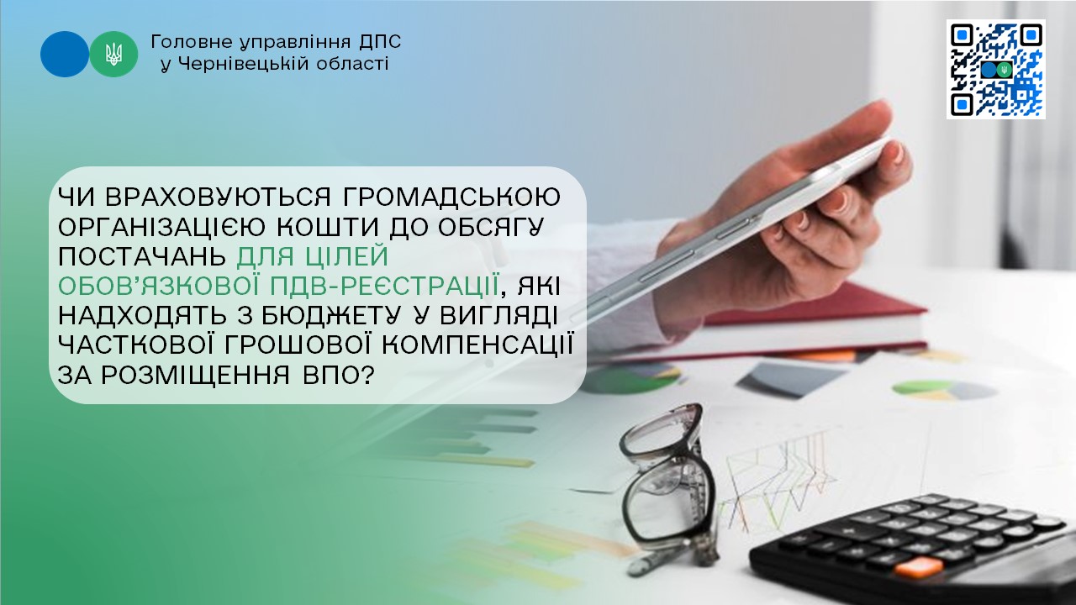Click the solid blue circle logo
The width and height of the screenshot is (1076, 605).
(65, 55)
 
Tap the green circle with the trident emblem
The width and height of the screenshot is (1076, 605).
(113, 55)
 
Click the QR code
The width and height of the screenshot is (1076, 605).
(996, 69)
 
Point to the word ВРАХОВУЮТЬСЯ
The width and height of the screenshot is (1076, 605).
(219, 197)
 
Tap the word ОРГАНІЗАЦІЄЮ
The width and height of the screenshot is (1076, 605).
(163, 227)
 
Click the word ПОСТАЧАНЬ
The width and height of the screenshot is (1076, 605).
(142, 257)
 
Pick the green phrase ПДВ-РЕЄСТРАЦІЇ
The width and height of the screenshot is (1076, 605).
(383, 287)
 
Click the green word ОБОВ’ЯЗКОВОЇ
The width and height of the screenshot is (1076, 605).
(160, 287)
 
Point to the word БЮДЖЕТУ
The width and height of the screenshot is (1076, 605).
(331, 316)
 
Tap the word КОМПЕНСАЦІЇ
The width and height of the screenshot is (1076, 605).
(478, 345)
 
